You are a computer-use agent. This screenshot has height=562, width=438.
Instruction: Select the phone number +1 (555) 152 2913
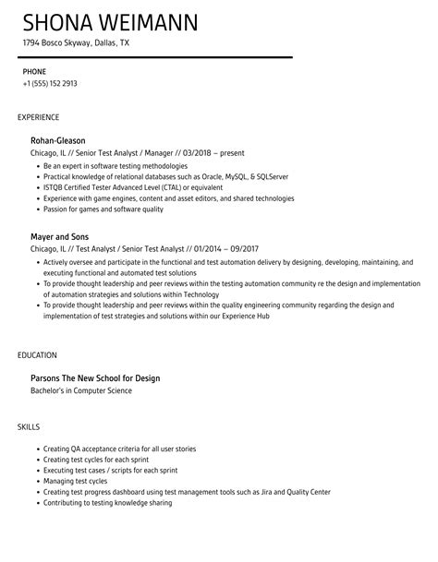tap(50, 84)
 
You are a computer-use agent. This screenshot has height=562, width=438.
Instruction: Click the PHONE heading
tap(34, 71)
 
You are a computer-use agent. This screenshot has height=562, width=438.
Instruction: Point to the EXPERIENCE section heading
tap(39, 118)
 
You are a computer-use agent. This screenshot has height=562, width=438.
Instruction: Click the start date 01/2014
tap(199, 248)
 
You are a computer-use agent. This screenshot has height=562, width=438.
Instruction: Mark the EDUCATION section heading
tap(38, 354)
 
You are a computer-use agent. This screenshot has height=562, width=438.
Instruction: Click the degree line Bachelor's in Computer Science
tap(81, 390)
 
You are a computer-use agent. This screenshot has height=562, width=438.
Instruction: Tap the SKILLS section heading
tap(29, 426)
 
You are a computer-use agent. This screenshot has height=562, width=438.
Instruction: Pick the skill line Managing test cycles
tap(76, 481)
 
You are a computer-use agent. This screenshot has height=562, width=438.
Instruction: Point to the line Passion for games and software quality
tap(103, 209)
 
